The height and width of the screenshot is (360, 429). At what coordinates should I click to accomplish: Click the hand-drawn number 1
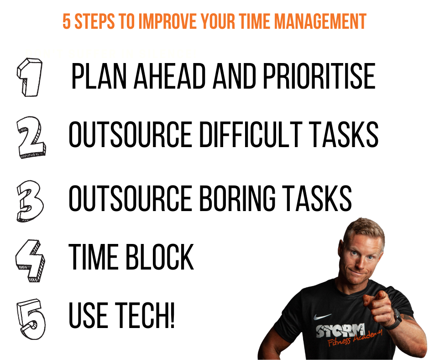[x=30, y=77]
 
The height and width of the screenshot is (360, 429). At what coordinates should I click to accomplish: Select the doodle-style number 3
[x=30, y=201]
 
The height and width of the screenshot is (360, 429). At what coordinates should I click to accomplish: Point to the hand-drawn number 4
[x=31, y=260]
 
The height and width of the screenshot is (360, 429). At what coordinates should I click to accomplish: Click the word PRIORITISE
[x=319, y=76]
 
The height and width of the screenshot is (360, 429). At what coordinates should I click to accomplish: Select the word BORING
[x=237, y=198]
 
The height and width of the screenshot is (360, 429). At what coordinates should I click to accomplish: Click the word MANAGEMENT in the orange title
[x=320, y=21]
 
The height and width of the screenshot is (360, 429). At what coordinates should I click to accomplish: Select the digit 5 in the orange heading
[x=67, y=21]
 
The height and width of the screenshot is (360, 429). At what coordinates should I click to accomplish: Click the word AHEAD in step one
[x=170, y=76]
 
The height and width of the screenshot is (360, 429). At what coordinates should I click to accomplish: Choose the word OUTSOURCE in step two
[x=130, y=134]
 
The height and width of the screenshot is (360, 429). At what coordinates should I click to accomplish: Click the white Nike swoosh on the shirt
[x=322, y=317]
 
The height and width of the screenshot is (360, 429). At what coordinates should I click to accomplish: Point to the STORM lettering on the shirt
[x=340, y=330]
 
